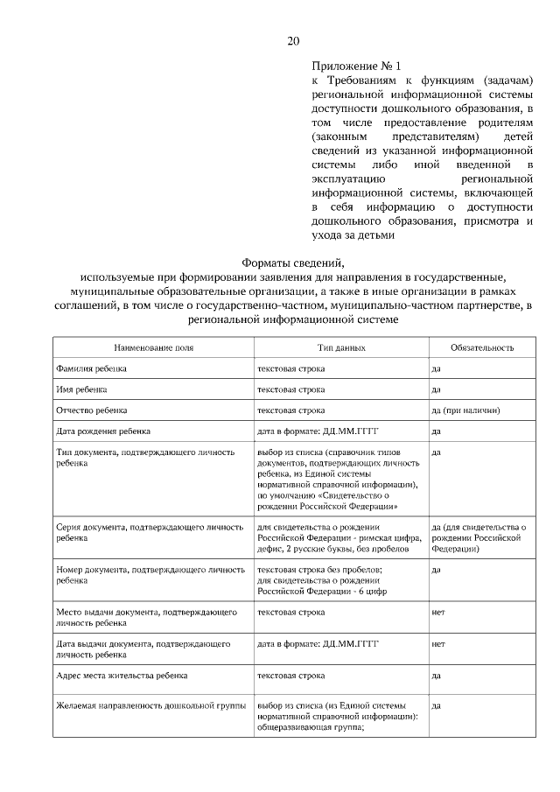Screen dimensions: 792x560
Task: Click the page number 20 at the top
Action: pos(293,41)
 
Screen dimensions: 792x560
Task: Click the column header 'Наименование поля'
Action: pos(153,347)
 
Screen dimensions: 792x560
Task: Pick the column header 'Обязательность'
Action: pos(481,347)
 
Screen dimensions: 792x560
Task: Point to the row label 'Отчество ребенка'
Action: pos(91,410)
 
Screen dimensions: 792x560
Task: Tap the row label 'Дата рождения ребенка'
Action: pos(103,431)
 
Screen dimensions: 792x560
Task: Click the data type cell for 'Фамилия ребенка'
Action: pos(290,368)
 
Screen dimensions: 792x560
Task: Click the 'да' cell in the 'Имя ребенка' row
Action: pos(436,389)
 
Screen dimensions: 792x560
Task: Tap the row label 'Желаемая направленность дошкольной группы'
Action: pos(150,704)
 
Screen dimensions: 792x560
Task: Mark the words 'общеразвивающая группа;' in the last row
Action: pos(310,736)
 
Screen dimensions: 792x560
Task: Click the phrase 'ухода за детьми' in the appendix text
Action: pos(353,235)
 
